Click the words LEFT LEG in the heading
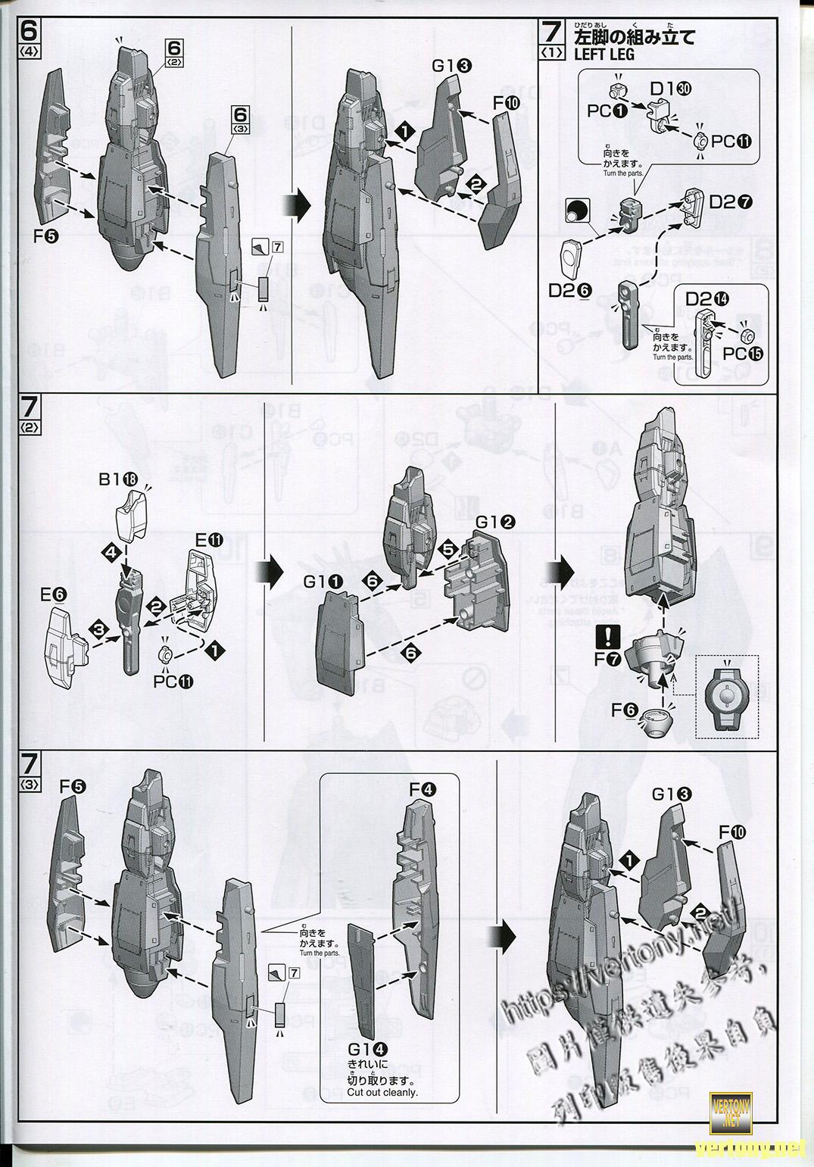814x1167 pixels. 604,55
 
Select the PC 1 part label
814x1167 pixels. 607,111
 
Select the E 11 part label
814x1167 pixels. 208,540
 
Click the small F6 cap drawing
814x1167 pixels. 653,722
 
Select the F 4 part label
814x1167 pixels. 423,789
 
